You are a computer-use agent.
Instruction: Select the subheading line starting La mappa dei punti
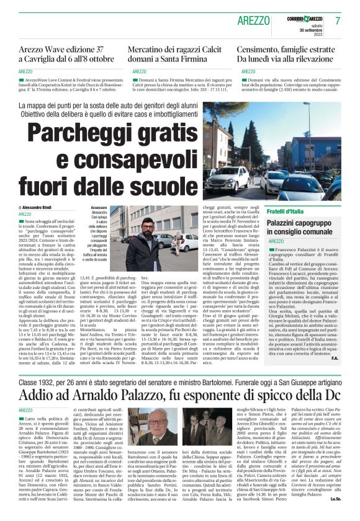pos(124,105)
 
